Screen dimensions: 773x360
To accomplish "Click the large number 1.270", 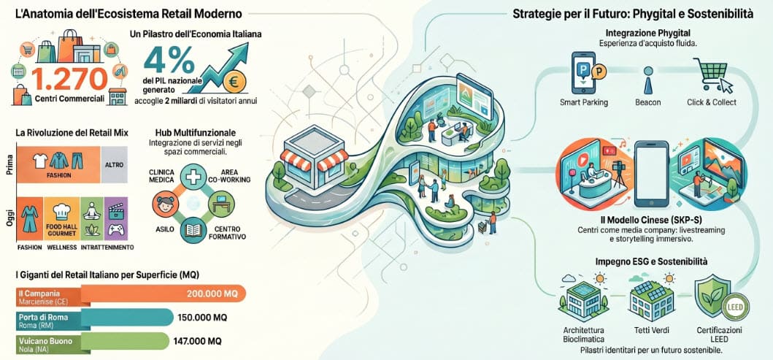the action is pyautogui.click(x=69, y=80).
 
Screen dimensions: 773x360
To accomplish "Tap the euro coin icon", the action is pyautogui.click(x=234, y=83).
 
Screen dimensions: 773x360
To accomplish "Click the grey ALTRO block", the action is pyautogui.click(x=114, y=165).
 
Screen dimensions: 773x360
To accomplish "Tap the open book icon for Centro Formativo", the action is pyautogui.click(x=193, y=230).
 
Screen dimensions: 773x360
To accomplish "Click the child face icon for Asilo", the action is pyautogui.click(x=166, y=204).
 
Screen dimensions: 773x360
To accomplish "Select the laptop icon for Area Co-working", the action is pyautogui.click(x=220, y=204).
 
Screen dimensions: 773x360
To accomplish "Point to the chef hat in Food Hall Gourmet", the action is pyautogui.click(x=61, y=210).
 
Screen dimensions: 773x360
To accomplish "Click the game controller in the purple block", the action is pyautogui.click(x=116, y=229).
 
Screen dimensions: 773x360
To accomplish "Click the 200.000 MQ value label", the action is pyautogui.click(x=212, y=294).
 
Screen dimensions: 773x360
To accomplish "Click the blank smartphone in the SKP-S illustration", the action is pyautogui.click(x=651, y=174).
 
